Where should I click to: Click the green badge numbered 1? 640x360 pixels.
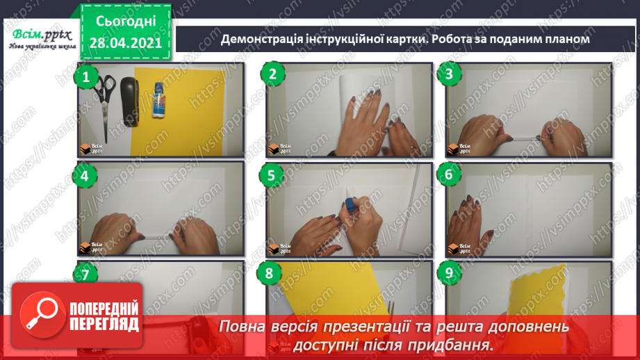(x=86, y=76)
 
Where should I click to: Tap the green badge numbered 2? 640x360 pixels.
(x=272, y=75)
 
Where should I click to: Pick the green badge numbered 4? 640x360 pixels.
(x=85, y=176)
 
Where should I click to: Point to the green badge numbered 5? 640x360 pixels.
(x=272, y=175)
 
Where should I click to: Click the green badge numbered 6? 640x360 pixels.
(x=449, y=175)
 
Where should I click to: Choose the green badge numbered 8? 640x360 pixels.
(x=270, y=274)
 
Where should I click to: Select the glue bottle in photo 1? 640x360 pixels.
(x=158, y=108)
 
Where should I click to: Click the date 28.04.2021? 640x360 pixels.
(x=124, y=42)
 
